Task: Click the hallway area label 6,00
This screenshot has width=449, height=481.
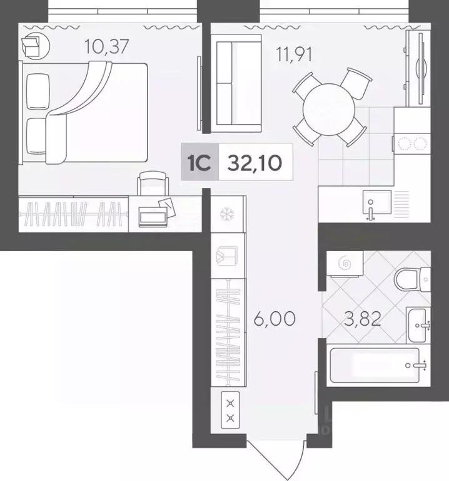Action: coord(275,320)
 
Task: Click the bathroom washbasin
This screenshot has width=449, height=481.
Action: coord(417,322)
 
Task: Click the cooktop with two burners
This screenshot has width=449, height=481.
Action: coord(410,143)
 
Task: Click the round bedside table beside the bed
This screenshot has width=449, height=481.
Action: coord(32,45)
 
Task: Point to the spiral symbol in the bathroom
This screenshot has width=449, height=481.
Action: coord(345,265)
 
